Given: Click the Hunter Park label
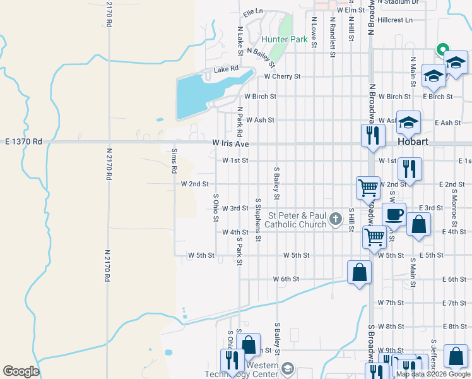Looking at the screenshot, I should [284, 39].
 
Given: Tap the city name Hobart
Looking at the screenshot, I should [413, 142].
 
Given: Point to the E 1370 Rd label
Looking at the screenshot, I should [23, 142].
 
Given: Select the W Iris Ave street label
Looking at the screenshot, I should [230, 144].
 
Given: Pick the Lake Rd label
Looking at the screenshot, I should [226, 69].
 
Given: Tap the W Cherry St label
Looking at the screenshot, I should [282, 76].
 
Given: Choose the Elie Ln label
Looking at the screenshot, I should [252, 11].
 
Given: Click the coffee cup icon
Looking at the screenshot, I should [394, 214].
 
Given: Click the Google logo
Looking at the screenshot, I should [21, 371].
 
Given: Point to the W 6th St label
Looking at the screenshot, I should [285, 279].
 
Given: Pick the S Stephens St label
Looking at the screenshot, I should [258, 219].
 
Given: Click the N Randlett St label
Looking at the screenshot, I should [332, 37].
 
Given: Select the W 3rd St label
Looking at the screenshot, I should [235, 208].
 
